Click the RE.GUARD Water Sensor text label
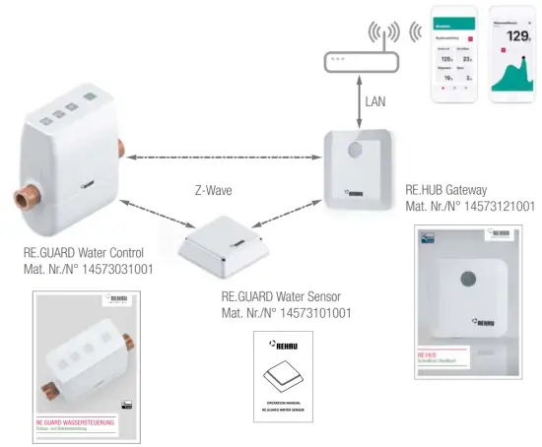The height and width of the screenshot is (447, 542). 285,296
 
